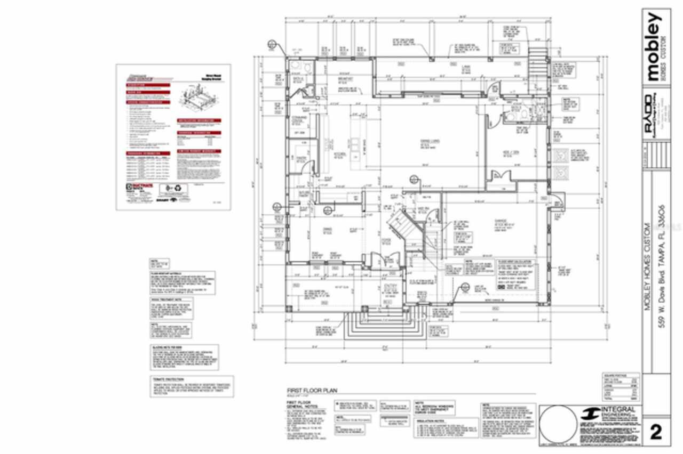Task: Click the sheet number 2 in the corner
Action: (x=655, y=431)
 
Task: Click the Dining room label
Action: (x=328, y=230)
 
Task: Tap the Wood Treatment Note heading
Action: (x=163, y=300)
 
